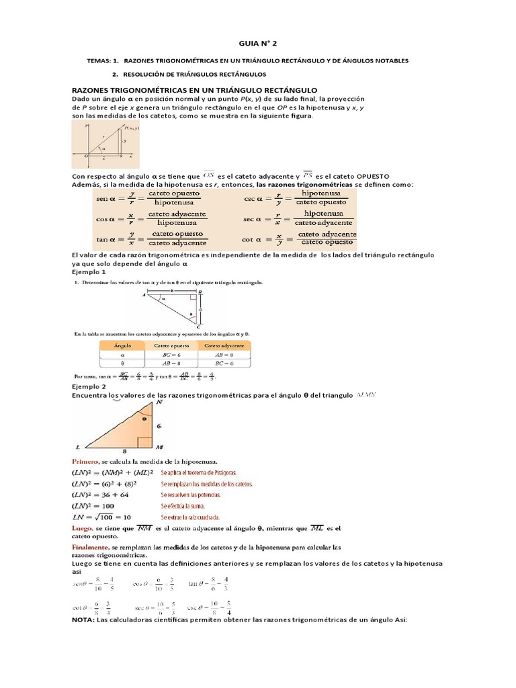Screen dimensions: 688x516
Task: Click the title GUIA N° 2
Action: point(257,43)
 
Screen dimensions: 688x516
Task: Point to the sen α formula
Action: point(151,198)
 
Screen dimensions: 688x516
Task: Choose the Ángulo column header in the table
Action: point(122,344)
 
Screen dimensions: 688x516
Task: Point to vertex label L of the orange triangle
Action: point(78,447)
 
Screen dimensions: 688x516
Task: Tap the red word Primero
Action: point(85,462)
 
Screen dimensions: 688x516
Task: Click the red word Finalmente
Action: point(90,548)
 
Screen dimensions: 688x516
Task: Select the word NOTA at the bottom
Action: point(83,620)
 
